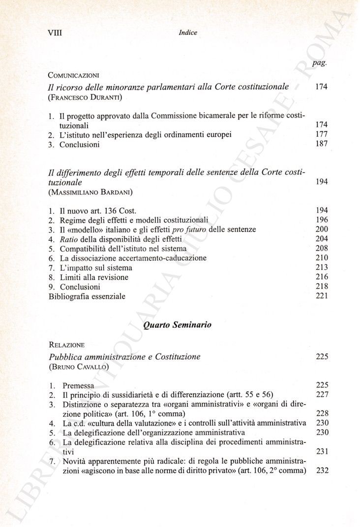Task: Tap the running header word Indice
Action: pyautogui.click(x=188, y=32)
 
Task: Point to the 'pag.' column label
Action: pyautogui.click(x=320, y=63)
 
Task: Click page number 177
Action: pyautogui.click(x=322, y=134)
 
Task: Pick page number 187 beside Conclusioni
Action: pyautogui.click(x=322, y=144)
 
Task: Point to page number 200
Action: pyautogui.click(x=322, y=229)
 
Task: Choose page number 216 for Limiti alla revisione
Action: pyautogui.click(x=322, y=277)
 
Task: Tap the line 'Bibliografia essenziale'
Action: pyautogui.click(x=87, y=296)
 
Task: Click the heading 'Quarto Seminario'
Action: pyautogui.click(x=178, y=325)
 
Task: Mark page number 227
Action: pyautogui.click(x=322, y=395)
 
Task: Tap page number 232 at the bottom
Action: pyautogui.click(x=322, y=470)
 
